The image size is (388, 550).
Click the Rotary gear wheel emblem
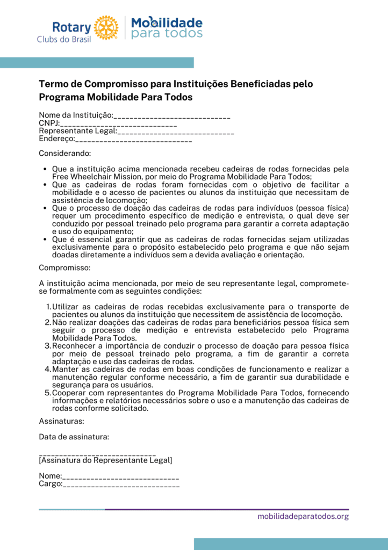pos(106,27)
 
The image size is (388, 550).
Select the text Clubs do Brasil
pos(63,39)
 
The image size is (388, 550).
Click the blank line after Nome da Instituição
pos(172,116)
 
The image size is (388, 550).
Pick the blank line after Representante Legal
pos(176,131)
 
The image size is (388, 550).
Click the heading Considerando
pos(65,153)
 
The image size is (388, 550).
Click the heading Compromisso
pos(64,267)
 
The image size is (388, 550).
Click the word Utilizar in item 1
pos(66,307)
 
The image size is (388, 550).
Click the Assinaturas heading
pos(61,421)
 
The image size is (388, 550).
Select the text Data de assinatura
pos(74,437)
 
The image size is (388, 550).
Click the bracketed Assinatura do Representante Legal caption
pos(105,460)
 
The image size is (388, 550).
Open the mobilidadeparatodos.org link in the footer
pos(303,517)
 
